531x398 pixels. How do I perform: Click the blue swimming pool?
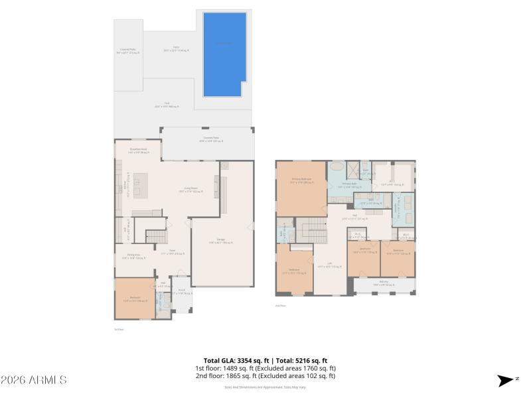225,54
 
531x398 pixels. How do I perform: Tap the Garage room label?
221,241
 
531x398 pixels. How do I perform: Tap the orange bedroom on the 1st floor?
134,298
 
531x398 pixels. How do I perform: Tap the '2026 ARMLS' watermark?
34,380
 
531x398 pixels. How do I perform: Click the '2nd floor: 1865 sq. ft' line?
265,376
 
